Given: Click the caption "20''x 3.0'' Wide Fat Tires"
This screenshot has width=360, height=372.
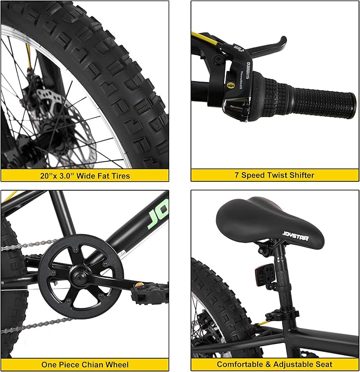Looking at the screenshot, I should click(84, 175).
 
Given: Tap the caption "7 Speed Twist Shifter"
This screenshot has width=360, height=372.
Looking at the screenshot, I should click(275, 175).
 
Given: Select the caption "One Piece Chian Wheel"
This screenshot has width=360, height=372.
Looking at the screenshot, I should click(84, 365).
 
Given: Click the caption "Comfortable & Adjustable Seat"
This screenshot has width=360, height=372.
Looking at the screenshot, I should click(275, 365).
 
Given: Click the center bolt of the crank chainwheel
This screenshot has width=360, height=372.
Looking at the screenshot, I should click(81, 275).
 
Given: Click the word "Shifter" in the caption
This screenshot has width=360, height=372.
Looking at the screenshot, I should click(298, 175).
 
